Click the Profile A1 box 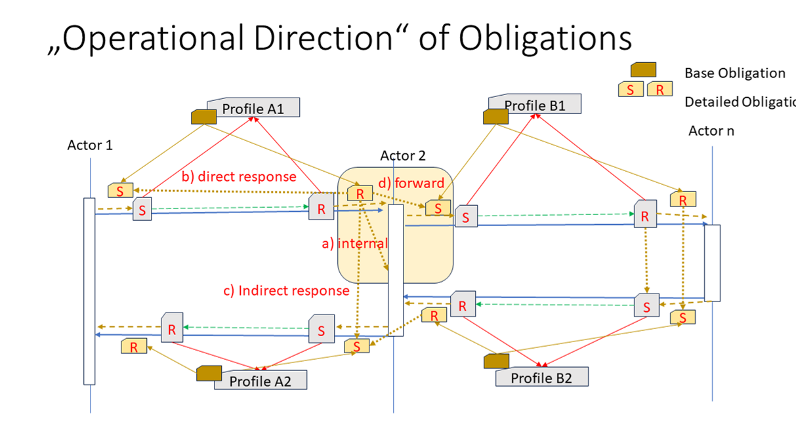tap(253, 108)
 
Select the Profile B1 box tap(535, 105)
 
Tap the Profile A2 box tap(261, 380)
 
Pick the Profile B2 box tap(542, 378)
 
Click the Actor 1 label tap(90, 145)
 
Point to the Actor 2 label tap(403, 155)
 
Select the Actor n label tap(711, 131)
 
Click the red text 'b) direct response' tap(239, 176)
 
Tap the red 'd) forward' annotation tap(411, 183)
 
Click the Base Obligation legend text tap(734, 73)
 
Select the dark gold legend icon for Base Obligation tap(643, 70)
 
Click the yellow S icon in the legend tap(631, 90)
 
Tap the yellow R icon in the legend tap(660, 90)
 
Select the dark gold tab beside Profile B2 tap(495, 361)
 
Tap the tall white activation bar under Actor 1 tap(89, 291)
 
